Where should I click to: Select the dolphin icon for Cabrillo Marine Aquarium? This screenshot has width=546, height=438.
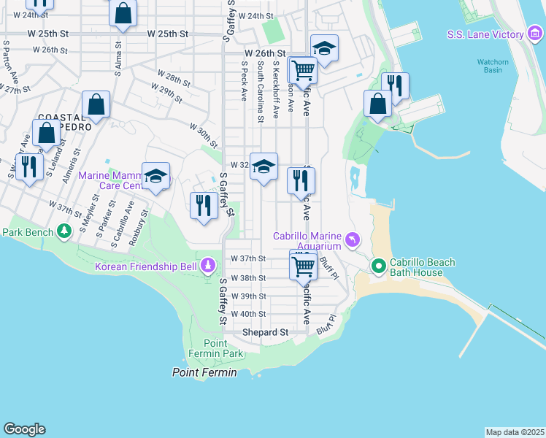[353, 239]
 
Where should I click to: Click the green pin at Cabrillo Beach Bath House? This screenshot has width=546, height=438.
[378, 266]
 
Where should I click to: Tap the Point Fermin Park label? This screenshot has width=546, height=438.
[223, 348]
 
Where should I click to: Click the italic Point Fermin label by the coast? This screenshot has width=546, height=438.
[204, 372]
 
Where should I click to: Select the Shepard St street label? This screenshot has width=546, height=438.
[265, 332]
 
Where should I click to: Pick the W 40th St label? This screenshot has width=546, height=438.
[248, 314]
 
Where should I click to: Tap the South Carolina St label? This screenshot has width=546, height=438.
[260, 91]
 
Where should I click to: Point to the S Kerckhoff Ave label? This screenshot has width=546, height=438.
[275, 95]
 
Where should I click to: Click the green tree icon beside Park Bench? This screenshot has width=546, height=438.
[65, 231]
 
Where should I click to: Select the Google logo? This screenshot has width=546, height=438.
[24, 429]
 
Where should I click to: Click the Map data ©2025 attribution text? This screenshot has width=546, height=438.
[515, 431]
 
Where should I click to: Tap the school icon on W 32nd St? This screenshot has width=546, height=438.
[264, 167]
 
